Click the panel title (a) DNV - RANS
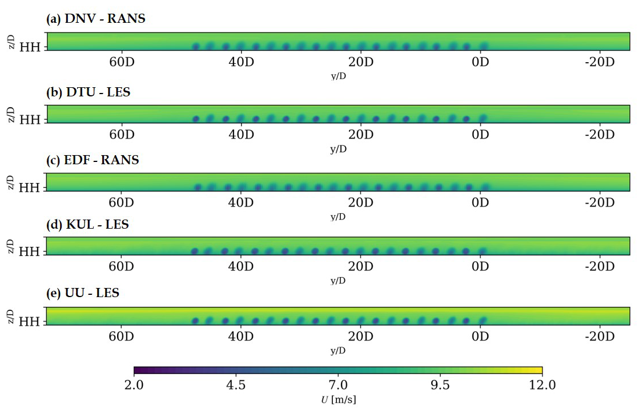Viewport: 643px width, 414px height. [95, 19]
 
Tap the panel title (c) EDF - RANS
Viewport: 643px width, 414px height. [93, 160]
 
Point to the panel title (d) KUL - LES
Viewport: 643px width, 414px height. [87, 225]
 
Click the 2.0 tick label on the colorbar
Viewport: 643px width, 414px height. [134, 385]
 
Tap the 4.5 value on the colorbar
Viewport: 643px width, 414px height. [236, 385]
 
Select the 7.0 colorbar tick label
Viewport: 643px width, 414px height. [338, 385]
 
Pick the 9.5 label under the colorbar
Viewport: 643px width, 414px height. [440, 385]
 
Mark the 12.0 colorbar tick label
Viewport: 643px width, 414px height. [542, 385]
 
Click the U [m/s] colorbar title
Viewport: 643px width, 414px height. [338, 399]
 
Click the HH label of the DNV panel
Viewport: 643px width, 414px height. [30, 47]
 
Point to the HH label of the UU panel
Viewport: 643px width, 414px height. [30, 322]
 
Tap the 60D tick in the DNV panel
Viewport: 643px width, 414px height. [121, 62]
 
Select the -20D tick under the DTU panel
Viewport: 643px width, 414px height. [599, 135]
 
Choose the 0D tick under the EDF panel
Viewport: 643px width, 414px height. [480, 202]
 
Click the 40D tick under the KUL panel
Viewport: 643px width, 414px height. [241, 266]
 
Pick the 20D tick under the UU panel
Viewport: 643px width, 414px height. [361, 336]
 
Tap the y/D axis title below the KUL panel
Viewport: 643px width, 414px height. [338, 281]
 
